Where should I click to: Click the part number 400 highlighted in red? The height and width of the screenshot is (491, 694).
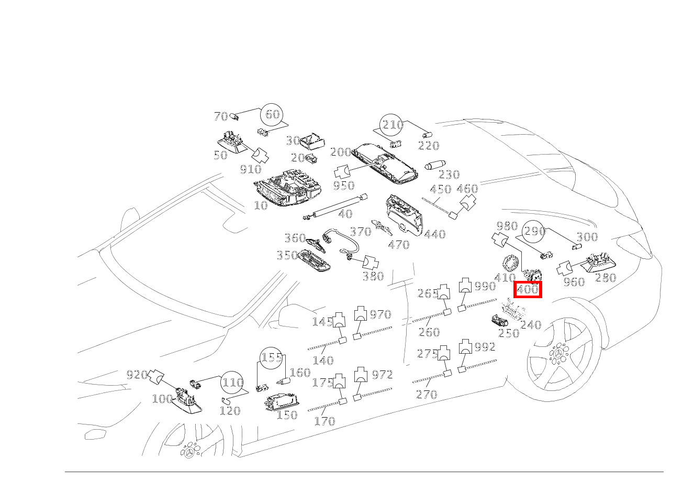pos(528,289)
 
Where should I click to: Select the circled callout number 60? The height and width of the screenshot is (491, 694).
pos(272,114)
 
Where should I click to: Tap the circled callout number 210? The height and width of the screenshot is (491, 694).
pos(393,125)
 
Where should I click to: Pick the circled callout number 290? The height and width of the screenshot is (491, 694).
pos(535,231)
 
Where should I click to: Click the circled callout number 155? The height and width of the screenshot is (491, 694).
pos(272,358)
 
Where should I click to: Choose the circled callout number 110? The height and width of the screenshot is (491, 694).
pos(232,383)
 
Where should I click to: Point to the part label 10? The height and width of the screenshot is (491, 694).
pos(261,205)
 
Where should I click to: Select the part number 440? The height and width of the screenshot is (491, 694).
pos(434,234)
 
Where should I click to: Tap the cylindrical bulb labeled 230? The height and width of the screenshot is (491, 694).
pos(433,166)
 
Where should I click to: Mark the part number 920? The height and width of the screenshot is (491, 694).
pos(137,375)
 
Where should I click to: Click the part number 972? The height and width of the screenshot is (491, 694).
pos(382,375)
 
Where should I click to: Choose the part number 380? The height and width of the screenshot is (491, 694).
pos(373,276)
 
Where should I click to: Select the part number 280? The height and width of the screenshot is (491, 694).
pos(606,278)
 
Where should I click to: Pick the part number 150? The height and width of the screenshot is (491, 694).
pos(287,415)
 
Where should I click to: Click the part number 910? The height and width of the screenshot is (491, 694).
pos(250,169)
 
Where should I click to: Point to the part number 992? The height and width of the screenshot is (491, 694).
pos(485,347)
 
